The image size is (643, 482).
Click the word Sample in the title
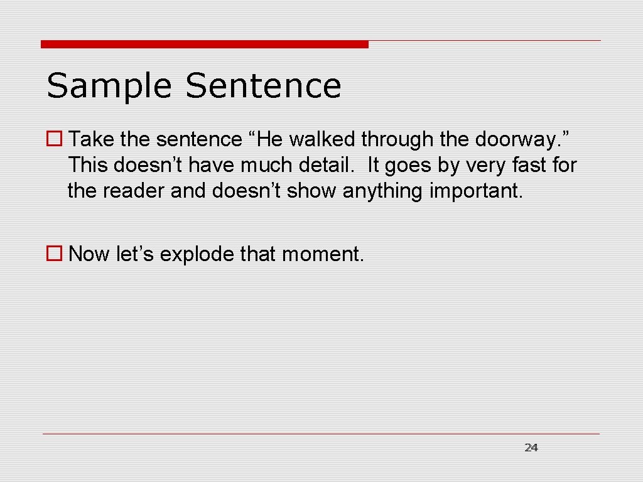point(109,87)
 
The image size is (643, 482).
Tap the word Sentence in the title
point(263,85)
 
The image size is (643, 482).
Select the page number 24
point(531,447)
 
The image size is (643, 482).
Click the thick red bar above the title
point(205,45)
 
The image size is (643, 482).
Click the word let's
point(135,254)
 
